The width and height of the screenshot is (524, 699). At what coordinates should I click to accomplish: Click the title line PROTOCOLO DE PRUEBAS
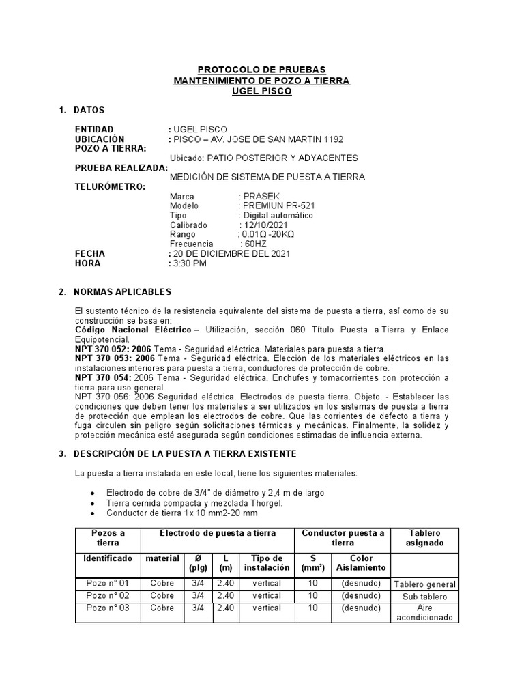pyautogui.click(x=261, y=70)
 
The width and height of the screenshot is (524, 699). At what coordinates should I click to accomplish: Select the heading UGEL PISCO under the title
pyautogui.click(x=261, y=91)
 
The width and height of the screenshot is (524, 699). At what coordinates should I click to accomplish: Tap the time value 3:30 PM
pyautogui.click(x=190, y=263)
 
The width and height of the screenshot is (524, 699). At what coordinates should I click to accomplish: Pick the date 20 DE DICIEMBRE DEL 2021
pyautogui.click(x=232, y=253)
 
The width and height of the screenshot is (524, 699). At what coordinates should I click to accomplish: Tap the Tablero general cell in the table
pyautogui.click(x=425, y=584)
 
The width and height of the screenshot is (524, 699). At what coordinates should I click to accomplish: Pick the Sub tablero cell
pyautogui.click(x=425, y=597)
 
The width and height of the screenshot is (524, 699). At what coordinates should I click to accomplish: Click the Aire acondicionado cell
pyautogui.click(x=425, y=613)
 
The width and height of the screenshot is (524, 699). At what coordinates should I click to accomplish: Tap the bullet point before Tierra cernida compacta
pyautogui.click(x=92, y=503)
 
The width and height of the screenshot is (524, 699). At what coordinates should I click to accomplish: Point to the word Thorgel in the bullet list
pyautogui.click(x=266, y=503)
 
